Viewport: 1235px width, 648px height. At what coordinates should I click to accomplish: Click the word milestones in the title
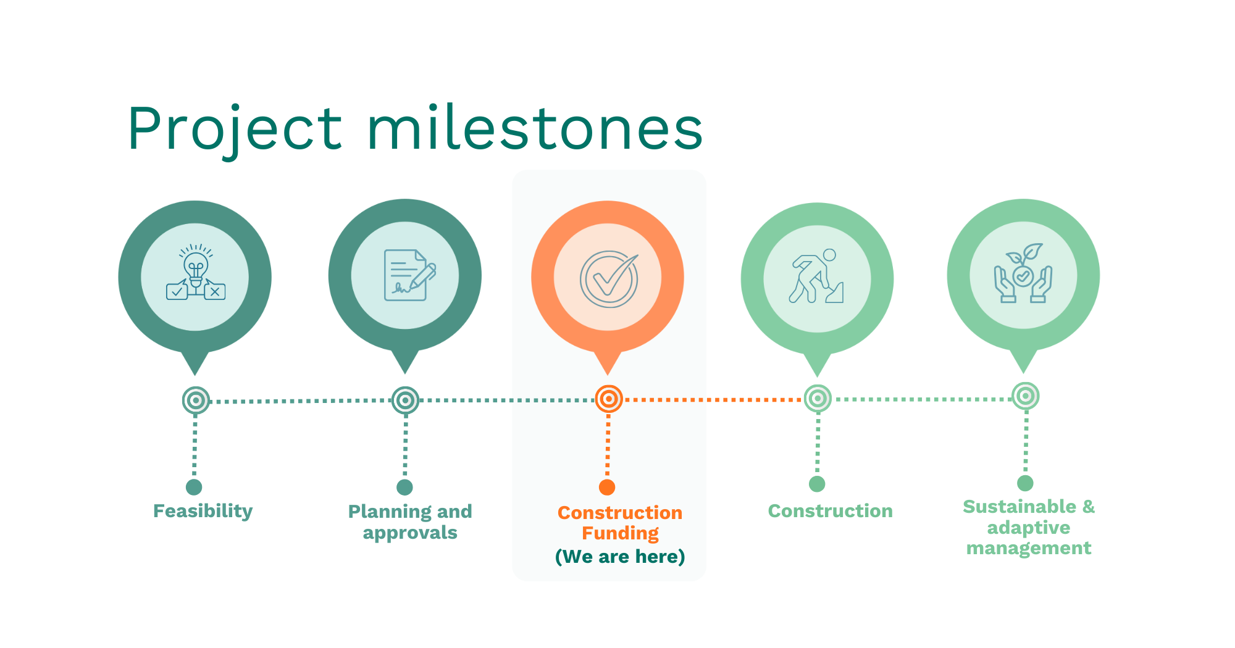tap(535, 127)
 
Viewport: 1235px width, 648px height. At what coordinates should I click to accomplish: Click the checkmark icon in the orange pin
tap(609, 279)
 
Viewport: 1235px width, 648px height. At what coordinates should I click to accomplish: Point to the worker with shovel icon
tap(816, 276)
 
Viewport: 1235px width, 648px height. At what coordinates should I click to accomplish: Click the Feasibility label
tap(203, 511)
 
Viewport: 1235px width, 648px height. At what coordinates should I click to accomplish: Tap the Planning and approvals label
tap(410, 522)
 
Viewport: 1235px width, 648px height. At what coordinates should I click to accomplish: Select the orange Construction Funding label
tap(620, 523)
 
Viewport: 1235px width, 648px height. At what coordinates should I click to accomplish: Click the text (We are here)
tap(620, 557)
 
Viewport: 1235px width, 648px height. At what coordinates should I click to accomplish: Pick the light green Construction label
tap(831, 511)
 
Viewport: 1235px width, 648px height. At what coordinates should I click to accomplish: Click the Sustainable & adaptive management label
tap(1029, 527)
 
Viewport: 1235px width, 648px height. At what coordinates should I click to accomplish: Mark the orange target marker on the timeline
tap(609, 399)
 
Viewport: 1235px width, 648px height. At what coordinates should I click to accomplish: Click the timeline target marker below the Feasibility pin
tap(196, 401)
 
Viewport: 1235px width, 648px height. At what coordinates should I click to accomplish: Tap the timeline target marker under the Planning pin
tap(405, 401)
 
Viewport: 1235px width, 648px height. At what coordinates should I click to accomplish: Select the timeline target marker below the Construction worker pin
tap(818, 399)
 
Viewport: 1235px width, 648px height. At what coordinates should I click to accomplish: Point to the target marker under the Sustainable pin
tap(1025, 396)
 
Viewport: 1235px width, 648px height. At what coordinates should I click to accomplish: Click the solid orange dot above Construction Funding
tap(607, 487)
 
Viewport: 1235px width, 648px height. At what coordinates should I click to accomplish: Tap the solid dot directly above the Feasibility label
tap(194, 487)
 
